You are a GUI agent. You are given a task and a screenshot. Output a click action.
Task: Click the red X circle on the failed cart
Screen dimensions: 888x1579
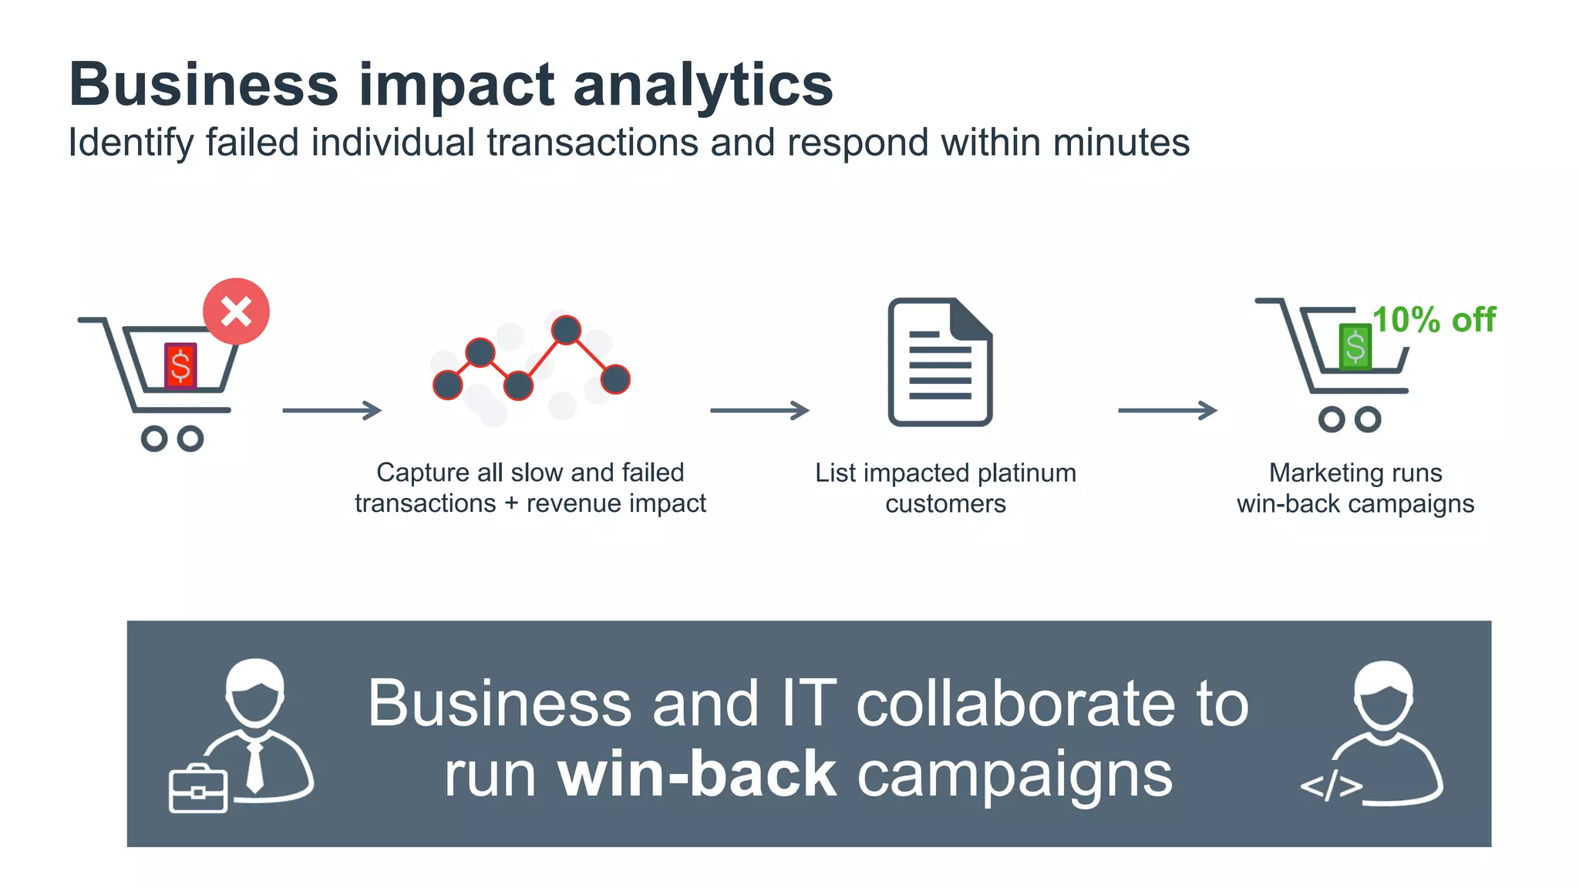(x=236, y=311)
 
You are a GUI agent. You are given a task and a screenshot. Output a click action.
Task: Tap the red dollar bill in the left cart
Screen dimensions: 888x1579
(x=181, y=365)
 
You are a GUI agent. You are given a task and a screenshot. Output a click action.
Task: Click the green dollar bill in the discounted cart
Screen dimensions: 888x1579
(x=1355, y=347)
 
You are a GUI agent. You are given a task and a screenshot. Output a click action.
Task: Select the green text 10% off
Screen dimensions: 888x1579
(x=1433, y=320)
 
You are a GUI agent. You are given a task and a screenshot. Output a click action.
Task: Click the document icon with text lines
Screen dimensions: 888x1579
(x=940, y=362)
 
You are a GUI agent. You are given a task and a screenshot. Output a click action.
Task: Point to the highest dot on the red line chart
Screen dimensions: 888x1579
(x=566, y=330)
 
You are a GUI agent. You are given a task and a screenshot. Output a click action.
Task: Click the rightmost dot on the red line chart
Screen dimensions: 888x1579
(x=614, y=379)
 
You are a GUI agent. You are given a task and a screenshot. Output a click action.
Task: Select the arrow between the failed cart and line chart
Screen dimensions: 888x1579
(x=332, y=410)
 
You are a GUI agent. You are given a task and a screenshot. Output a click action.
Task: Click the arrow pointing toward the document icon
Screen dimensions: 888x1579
(x=759, y=410)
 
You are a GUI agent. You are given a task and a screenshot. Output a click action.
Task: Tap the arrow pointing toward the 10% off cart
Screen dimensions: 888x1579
(x=1167, y=410)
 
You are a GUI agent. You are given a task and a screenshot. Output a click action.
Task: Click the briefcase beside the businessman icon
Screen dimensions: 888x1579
(x=197, y=789)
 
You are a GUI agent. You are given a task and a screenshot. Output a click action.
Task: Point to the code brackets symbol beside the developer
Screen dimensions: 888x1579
(x=1331, y=786)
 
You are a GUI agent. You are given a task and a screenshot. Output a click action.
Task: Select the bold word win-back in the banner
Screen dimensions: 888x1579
(x=696, y=774)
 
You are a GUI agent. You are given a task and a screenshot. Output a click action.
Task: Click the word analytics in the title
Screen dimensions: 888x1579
(x=702, y=85)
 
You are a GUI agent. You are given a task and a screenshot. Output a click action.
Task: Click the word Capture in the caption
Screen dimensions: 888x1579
(x=423, y=473)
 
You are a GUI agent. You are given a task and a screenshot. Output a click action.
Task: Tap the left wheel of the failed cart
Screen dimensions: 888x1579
(x=154, y=439)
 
